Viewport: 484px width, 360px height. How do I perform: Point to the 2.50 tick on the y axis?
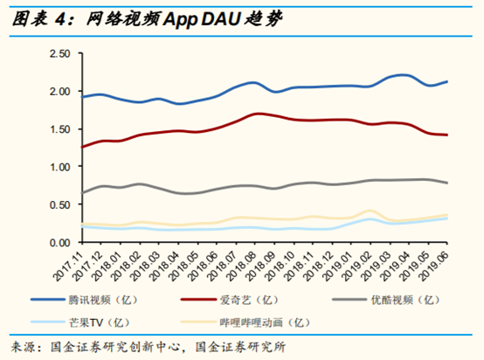(59, 54)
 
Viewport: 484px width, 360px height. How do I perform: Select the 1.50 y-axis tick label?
(59, 129)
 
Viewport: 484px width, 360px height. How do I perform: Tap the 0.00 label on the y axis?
(59, 242)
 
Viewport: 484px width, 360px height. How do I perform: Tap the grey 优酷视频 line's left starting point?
(82, 193)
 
